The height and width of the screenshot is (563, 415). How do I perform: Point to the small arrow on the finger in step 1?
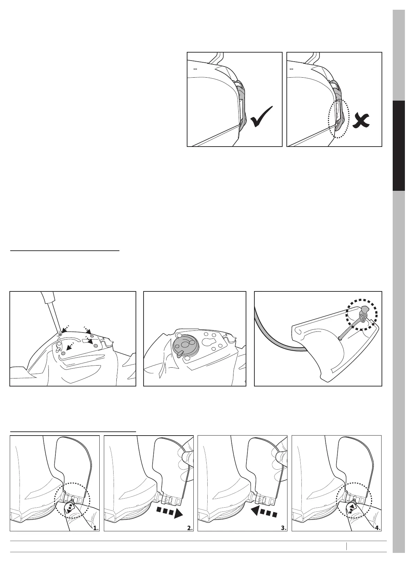[68, 510]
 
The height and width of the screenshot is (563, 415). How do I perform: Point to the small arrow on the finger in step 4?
[351, 509]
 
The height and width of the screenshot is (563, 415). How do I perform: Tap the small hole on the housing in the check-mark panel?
[194, 68]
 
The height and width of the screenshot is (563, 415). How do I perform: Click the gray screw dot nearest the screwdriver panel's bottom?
[63, 353]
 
